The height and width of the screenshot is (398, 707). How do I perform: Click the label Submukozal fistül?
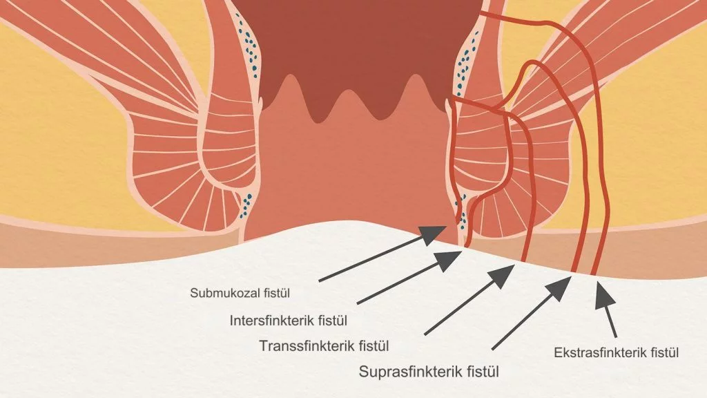(x=240, y=293)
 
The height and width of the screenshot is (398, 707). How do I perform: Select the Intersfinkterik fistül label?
(x=289, y=321)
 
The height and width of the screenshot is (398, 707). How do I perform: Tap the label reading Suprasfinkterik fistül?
(x=429, y=372)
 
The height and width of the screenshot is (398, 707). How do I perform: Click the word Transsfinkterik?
(x=307, y=346)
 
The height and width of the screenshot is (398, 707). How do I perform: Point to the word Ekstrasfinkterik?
(x=601, y=352)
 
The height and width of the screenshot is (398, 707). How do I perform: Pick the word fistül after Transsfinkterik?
(x=374, y=346)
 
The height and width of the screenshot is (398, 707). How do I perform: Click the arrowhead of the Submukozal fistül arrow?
(x=434, y=234)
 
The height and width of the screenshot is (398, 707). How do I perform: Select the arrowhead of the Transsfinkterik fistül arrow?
(x=503, y=275)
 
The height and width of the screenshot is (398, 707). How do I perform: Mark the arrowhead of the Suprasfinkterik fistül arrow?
(x=560, y=287)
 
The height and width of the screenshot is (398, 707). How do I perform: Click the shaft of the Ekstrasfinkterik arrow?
(x=611, y=323)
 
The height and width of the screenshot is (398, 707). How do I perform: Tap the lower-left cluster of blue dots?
(x=246, y=206)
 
